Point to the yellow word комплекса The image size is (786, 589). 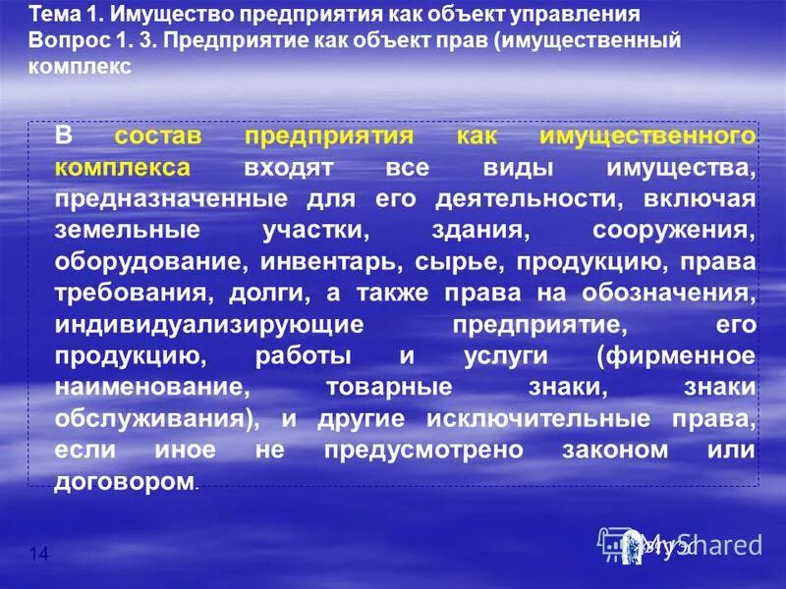pyautogui.click(x=122, y=168)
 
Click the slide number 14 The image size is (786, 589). pyautogui.click(x=39, y=556)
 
